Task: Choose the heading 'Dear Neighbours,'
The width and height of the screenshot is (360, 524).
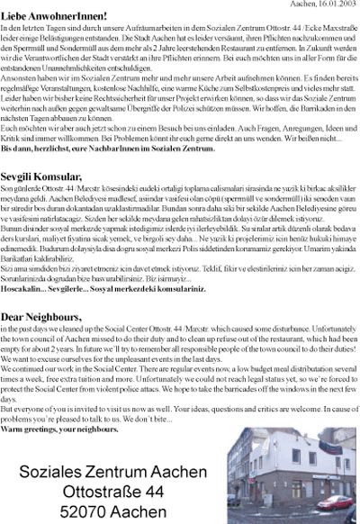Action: [41, 317]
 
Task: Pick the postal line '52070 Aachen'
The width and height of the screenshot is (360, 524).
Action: [112, 494]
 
